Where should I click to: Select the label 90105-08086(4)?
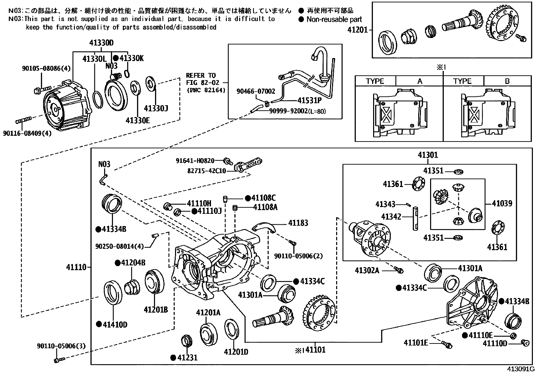[x=46, y=69]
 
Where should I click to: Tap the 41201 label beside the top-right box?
[x=358, y=30]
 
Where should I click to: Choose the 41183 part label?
[x=298, y=223]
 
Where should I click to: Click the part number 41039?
[x=502, y=204]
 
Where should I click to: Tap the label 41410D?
[x=115, y=325]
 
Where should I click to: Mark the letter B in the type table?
[x=507, y=81]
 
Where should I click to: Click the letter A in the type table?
[x=420, y=81]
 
